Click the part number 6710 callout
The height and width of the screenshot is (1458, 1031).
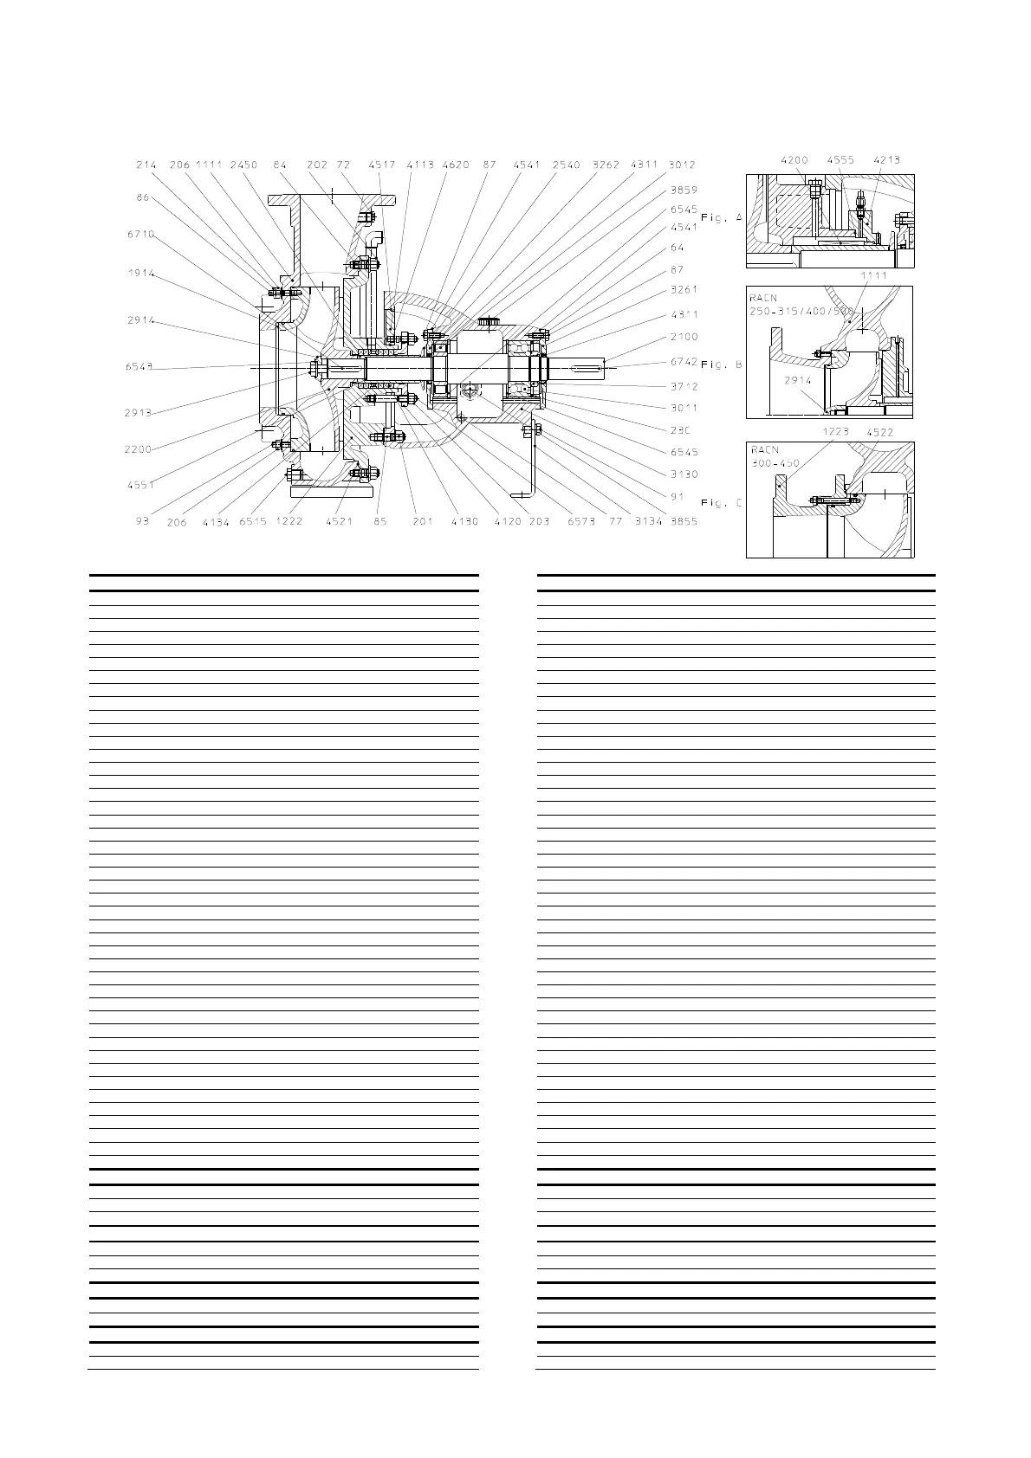139,234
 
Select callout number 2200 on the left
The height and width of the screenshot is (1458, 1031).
139,449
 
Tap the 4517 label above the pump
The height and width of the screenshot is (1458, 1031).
381,165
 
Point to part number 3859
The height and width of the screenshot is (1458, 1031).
684,189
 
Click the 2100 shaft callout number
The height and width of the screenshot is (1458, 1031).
684,337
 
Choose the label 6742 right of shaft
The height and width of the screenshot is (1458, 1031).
684,362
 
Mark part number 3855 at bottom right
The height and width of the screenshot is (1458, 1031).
684,521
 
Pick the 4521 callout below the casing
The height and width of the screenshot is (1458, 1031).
340,521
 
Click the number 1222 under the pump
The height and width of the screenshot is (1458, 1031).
289,521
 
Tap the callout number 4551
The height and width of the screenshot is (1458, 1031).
139,485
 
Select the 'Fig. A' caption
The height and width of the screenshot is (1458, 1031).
722,218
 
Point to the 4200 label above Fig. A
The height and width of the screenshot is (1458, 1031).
795,160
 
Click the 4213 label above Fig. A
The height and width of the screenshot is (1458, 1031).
886,160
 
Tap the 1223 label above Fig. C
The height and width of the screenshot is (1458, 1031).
836,430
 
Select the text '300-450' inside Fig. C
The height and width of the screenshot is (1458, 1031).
775,463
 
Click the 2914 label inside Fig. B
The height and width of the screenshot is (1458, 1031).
798,380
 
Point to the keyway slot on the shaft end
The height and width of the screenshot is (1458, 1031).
585,370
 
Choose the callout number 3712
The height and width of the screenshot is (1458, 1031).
684,386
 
